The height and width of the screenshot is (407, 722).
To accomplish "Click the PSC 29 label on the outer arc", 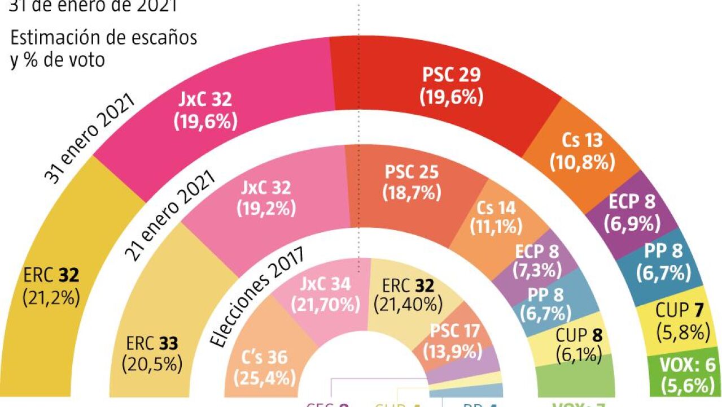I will [452, 86].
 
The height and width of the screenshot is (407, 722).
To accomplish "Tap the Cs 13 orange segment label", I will [582, 151].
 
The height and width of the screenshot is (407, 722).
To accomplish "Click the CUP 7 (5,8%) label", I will [682, 320].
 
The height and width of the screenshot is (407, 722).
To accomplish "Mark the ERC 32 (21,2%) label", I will [51, 286].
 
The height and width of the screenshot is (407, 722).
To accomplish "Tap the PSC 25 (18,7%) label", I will [412, 182].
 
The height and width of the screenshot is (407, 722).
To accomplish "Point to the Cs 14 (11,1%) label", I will [495, 218].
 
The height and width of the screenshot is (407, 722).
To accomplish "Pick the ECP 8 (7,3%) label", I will [537, 261].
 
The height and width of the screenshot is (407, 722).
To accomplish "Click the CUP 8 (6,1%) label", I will [578, 345].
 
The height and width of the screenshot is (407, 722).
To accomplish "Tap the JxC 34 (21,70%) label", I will [326, 295].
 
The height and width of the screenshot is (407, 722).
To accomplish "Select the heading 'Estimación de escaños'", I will [104, 37].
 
